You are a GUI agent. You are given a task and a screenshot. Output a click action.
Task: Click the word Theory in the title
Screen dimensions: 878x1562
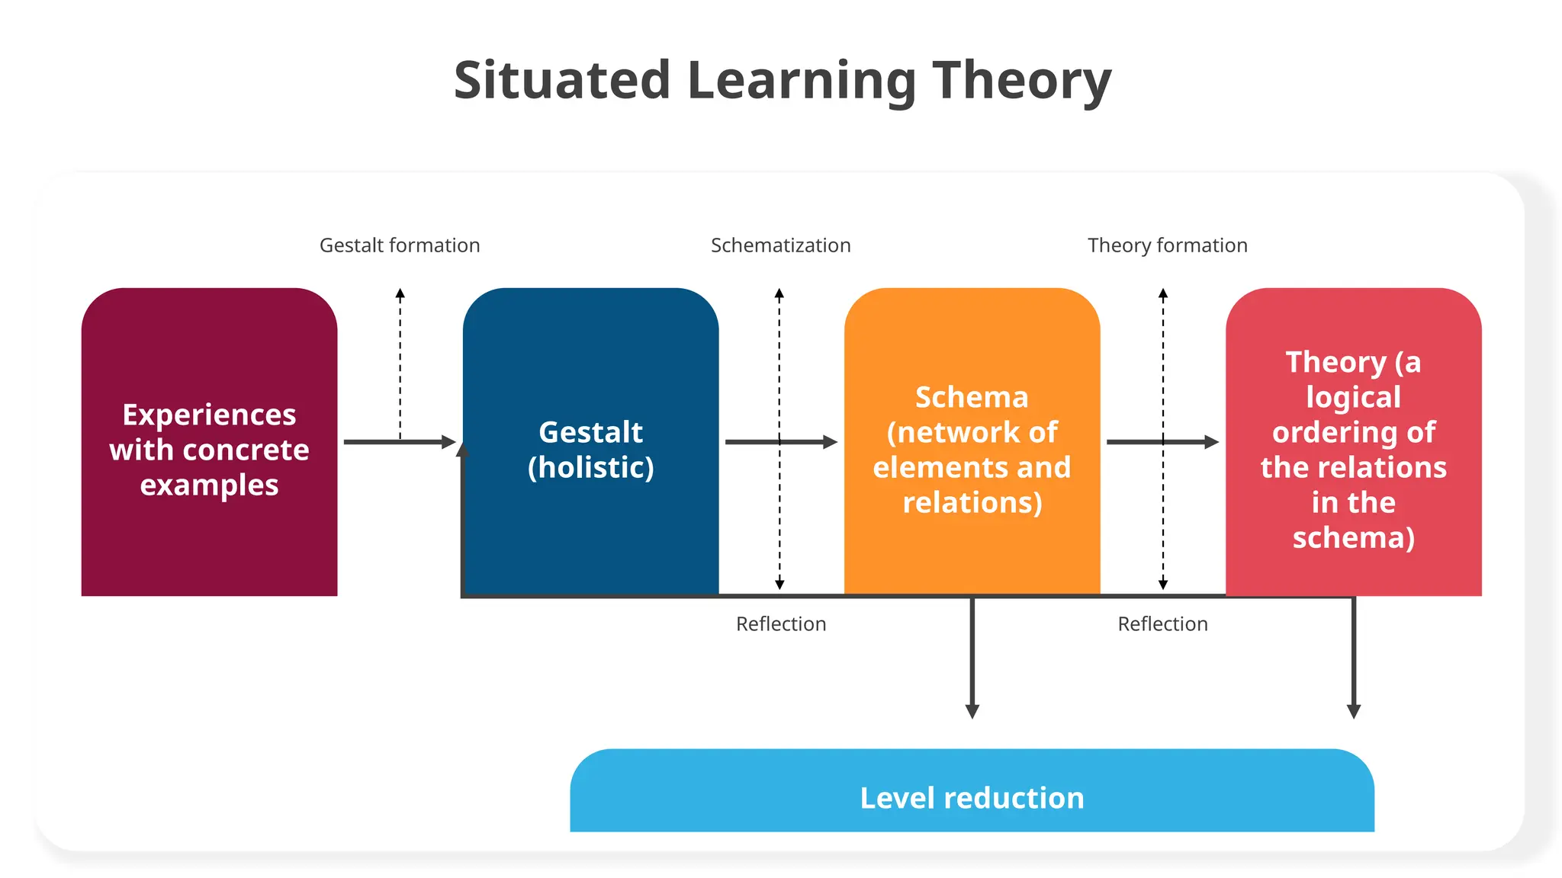(1022, 81)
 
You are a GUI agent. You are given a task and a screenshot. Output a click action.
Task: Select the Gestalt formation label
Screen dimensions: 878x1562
(400, 245)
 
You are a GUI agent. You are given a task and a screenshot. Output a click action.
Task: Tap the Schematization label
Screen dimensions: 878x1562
(780, 245)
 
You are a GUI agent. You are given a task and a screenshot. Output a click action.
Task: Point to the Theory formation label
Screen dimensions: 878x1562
(1167, 245)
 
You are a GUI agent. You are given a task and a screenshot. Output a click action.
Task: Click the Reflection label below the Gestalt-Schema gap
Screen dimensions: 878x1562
(780, 624)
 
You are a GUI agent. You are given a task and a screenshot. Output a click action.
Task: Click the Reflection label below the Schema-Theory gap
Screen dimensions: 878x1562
(1162, 624)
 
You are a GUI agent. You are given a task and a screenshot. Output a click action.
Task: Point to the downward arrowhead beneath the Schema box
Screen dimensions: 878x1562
(972, 711)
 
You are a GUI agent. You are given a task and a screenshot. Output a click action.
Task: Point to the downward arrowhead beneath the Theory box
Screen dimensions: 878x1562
(1354, 711)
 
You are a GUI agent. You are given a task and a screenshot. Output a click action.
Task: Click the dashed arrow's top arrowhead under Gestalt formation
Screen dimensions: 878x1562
(400, 293)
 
